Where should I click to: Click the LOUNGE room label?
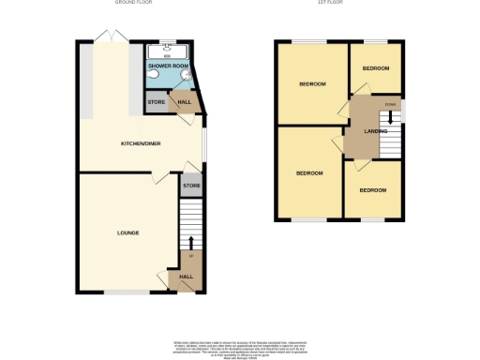(x=128, y=232)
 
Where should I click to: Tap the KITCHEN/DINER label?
(x=139, y=143)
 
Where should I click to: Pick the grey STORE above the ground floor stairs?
(x=191, y=186)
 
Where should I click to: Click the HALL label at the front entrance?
(x=186, y=277)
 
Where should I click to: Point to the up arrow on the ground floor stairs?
(x=191, y=245)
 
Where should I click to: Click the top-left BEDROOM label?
(x=312, y=85)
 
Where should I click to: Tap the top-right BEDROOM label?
(x=376, y=68)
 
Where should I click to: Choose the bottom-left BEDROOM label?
(x=309, y=173)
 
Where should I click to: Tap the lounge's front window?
(x=125, y=292)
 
